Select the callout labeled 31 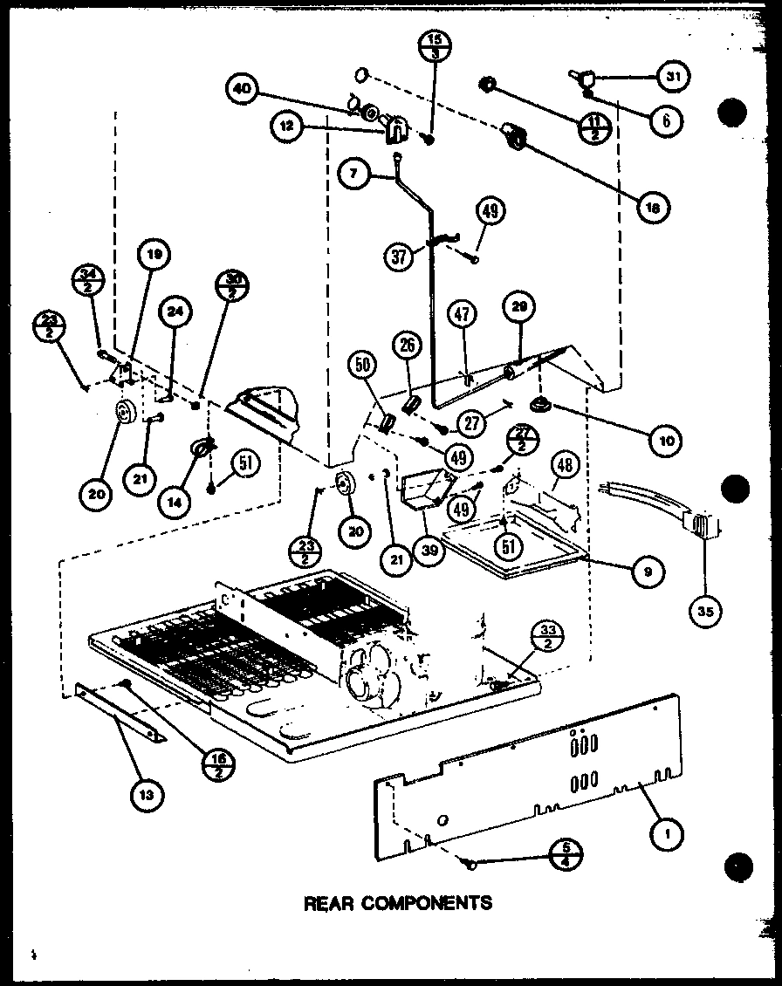coord(671,77)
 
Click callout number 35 coord(704,612)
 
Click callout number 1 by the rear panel coord(670,833)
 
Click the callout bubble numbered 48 coord(565,466)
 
